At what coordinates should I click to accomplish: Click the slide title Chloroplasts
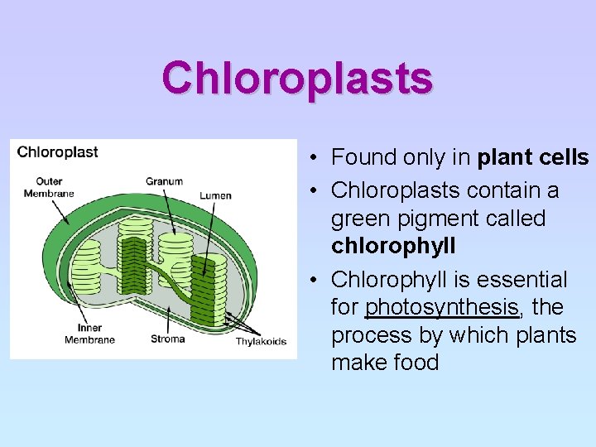[297, 78]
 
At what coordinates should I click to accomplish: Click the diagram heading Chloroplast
[57, 151]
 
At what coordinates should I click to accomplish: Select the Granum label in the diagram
[164, 181]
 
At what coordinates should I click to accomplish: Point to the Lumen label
[215, 195]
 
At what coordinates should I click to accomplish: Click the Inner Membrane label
[84, 334]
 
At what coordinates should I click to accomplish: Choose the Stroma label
[168, 339]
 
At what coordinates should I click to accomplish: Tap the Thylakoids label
[261, 341]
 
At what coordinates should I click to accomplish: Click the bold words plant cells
[533, 157]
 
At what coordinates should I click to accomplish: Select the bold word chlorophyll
[393, 247]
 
